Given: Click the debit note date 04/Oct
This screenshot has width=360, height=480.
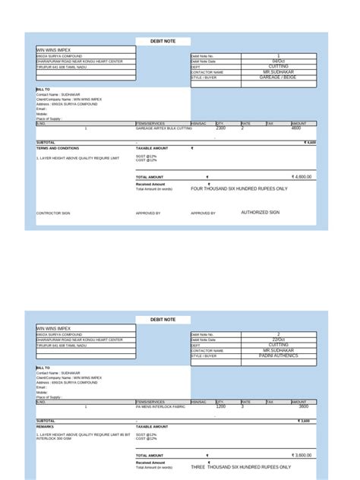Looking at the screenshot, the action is pos(279,62).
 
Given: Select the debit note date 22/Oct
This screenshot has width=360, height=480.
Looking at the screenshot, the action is pos(279,339).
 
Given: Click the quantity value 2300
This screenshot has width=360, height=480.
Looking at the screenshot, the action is pos(221,128).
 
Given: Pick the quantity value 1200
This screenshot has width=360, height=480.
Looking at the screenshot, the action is pos(221,406).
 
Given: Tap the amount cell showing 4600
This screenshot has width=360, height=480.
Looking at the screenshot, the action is pos(296,128).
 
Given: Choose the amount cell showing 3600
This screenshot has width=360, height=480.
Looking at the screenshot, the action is pos(303,406).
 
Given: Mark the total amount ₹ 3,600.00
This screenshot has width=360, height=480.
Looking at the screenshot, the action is pos(302,455).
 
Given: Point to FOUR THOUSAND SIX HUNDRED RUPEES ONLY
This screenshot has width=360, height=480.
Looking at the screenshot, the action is pos(239,188).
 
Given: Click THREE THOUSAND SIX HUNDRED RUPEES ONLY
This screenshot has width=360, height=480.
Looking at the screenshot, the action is pos(240,466).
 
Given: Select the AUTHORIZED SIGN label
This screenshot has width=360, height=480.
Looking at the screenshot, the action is pos(261,213).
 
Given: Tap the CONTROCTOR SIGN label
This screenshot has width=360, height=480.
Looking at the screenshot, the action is pos(53,213).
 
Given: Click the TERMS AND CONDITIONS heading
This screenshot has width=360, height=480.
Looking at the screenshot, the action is pos(58,148).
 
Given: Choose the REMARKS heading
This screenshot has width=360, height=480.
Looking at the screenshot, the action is pos(45,426).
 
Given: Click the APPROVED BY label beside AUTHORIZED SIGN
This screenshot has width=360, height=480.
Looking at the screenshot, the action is pos(203,213).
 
